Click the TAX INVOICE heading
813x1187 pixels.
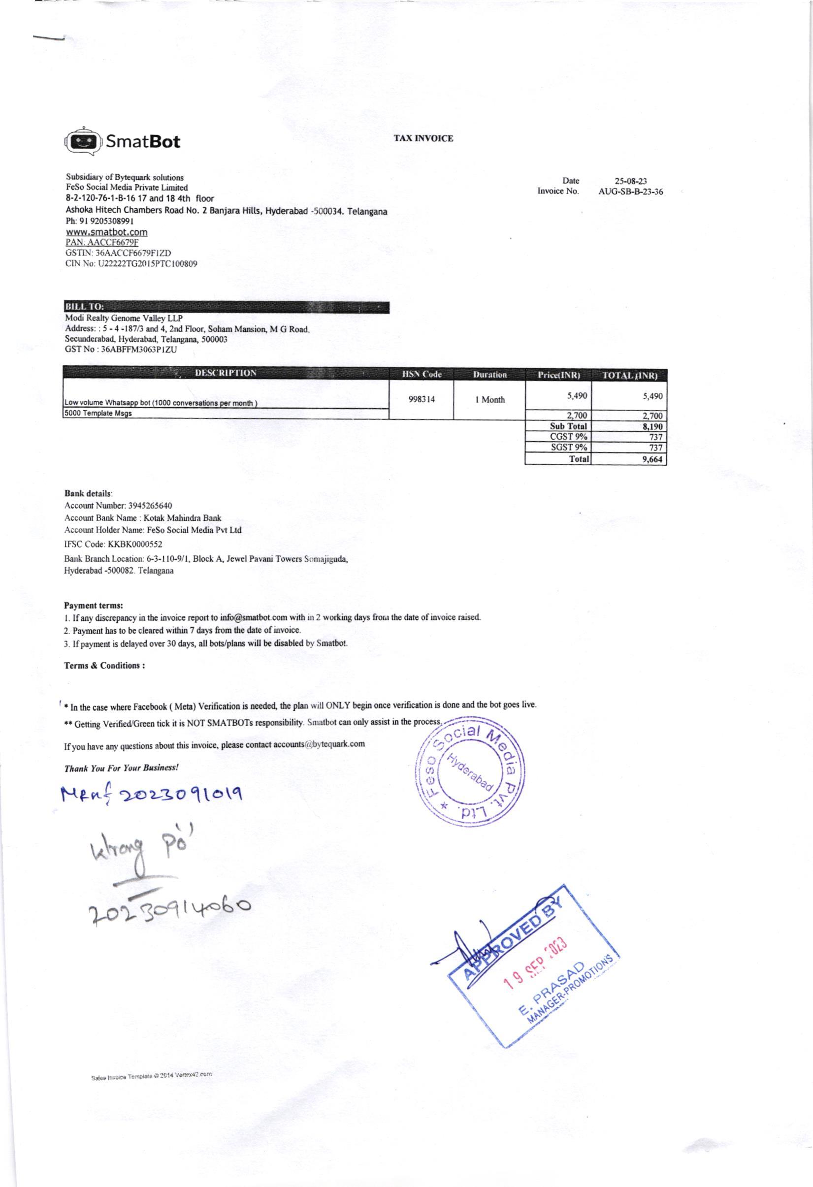(x=423, y=138)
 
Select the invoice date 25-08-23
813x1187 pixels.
(x=631, y=181)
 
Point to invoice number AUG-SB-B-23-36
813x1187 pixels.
(x=631, y=192)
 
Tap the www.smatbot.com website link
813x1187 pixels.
(x=107, y=232)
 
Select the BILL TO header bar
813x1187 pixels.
(x=227, y=307)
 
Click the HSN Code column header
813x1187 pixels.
(x=422, y=374)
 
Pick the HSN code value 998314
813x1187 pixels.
(x=422, y=399)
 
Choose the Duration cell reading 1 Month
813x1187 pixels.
(x=489, y=400)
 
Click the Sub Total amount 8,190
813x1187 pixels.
(x=652, y=426)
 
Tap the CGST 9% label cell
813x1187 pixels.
(x=568, y=437)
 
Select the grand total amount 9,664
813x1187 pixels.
(x=652, y=459)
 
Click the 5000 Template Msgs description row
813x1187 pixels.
(x=98, y=414)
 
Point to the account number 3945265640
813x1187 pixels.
(x=143, y=506)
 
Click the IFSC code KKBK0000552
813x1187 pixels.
(x=135, y=545)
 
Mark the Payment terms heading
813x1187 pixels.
(x=94, y=605)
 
